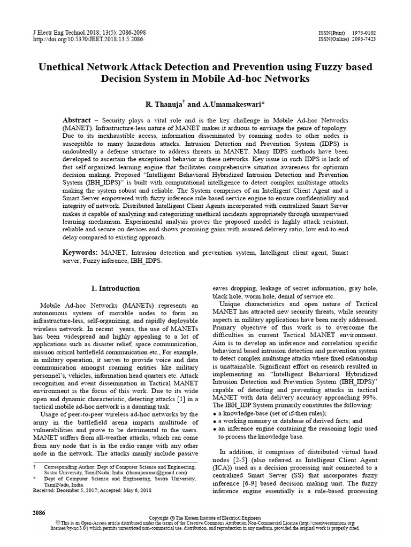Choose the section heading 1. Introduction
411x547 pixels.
coord(116,288)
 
